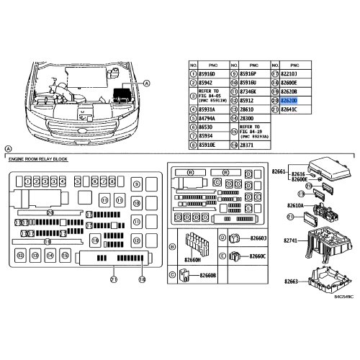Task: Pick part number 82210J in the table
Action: pos(289,73)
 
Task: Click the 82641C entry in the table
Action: pos(289,110)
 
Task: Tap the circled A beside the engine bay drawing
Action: pos(148,84)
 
